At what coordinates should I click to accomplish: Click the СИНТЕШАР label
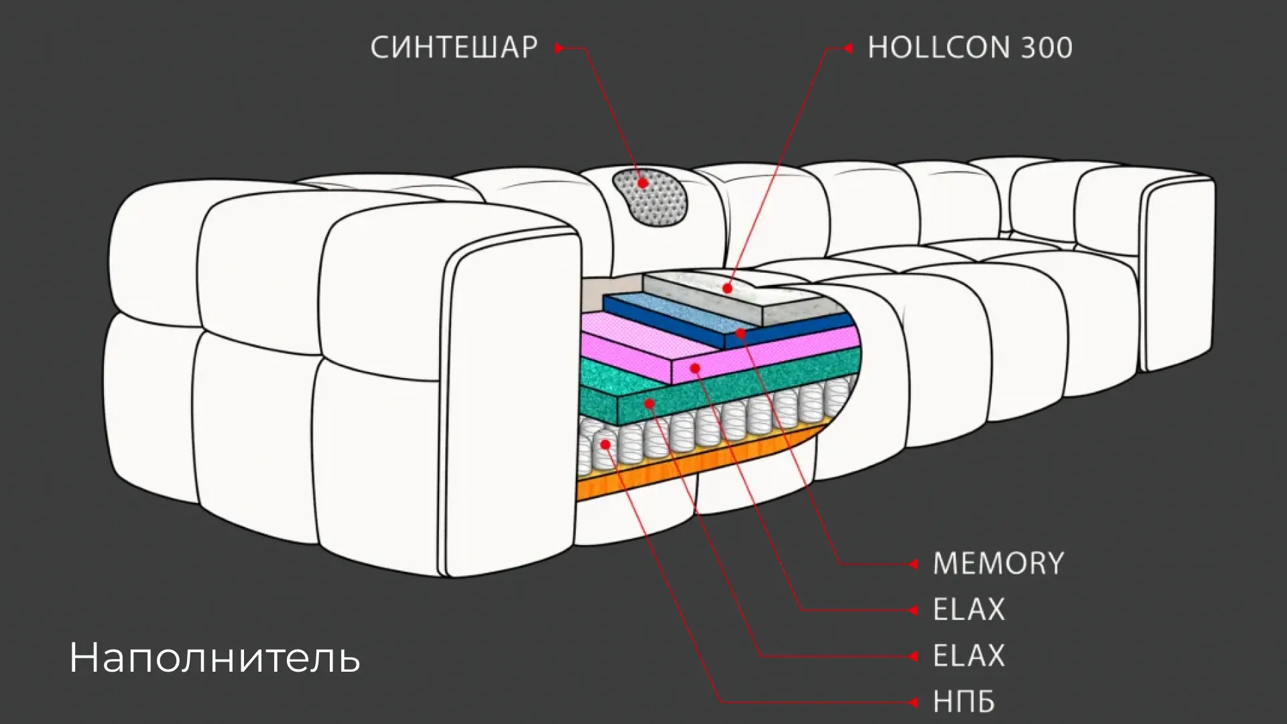(x=454, y=48)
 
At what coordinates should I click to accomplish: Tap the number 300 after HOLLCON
(x=1046, y=48)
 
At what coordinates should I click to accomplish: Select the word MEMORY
(x=998, y=564)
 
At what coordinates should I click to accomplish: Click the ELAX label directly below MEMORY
(x=969, y=610)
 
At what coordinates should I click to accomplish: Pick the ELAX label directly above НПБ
(x=969, y=656)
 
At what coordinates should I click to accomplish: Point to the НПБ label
(x=964, y=702)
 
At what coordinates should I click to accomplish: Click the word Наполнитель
(x=214, y=657)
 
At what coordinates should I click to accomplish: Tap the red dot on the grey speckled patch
(x=643, y=183)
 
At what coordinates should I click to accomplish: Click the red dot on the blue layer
(x=740, y=333)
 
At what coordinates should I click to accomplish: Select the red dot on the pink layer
(x=695, y=368)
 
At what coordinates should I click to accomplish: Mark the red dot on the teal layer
(x=649, y=404)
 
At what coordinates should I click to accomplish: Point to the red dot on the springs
(x=605, y=444)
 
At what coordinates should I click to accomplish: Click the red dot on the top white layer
(x=727, y=289)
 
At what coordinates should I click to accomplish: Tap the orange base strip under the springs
(x=697, y=461)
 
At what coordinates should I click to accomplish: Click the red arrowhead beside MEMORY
(x=913, y=564)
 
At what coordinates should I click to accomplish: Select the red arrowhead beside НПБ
(x=913, y=703)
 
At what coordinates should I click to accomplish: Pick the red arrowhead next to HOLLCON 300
(x=848, y=48)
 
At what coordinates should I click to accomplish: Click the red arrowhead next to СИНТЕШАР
(x=558, y=48)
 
